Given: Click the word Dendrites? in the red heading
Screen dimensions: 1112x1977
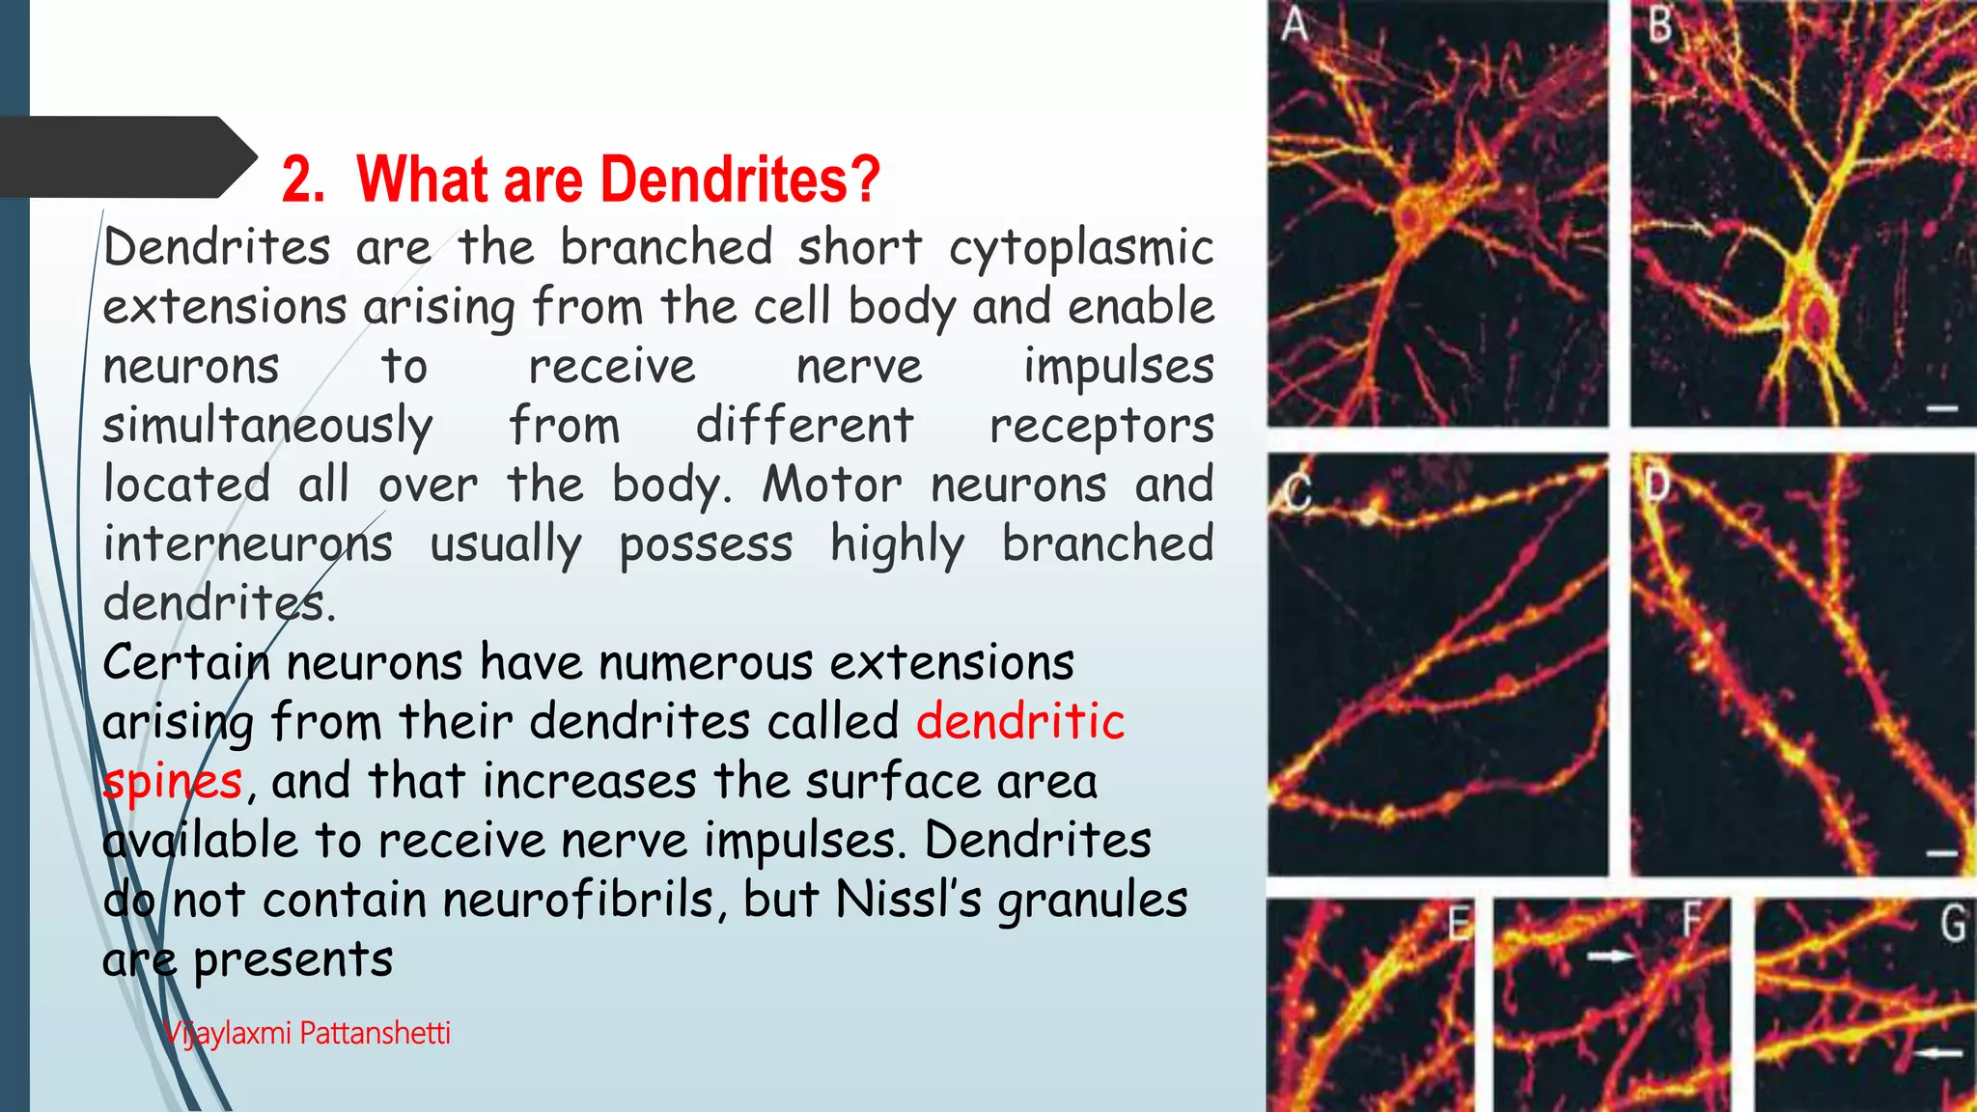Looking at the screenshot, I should [743, 180].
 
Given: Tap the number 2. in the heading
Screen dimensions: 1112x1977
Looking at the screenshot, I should [303, 180].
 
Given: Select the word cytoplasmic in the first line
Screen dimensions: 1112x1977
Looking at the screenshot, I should [1081, 249].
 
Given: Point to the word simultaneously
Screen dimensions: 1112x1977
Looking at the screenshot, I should [267, 427].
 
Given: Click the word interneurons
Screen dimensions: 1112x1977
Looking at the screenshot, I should [248, 544].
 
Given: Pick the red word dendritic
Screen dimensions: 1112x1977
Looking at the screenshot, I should [1020, 722].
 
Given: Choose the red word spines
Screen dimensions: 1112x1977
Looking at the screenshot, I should [173, 782].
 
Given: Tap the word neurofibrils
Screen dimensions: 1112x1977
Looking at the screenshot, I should [578, 901].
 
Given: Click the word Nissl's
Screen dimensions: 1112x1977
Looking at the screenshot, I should [908, 901].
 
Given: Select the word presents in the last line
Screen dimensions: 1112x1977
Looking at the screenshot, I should [292, 960].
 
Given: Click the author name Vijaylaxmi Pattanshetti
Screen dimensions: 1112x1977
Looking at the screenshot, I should [307, 1033].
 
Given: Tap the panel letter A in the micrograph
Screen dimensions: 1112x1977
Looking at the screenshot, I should [1295, 25].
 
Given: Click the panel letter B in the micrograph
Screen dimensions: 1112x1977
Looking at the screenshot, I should [1659, 25].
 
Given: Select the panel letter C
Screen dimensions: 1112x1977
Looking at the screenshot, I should [1298, 493].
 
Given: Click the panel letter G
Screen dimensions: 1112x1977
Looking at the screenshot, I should [1952, 924].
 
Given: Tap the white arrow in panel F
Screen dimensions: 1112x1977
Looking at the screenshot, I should [1610, 956].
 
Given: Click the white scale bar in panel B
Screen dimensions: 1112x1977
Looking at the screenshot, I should [1942, 409].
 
